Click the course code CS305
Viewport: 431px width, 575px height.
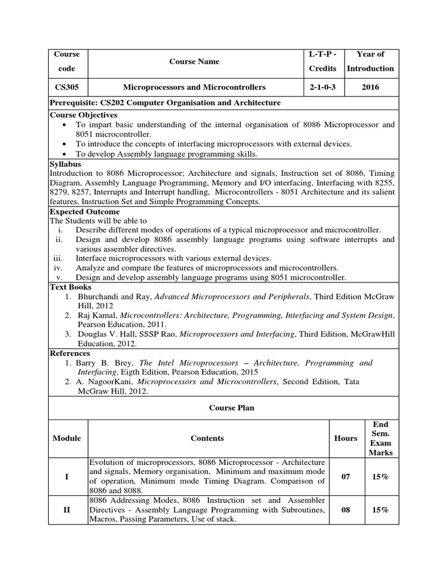pyautogui.click(x=67, y=87)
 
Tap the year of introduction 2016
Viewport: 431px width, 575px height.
pyautogui.click(x=370, y=87)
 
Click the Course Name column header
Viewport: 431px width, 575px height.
pyautogui.click(x=194, y=61)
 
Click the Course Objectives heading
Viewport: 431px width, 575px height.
pyautogui.click(x=84, y=115)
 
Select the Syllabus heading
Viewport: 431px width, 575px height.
pyautogui.click(x=66, y=164)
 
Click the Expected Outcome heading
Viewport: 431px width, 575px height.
pyautogui.click(x=85, y=212)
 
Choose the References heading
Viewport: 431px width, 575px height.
pyautogui.click(x=70, y=353)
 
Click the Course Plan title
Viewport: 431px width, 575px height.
pyautogui.click(x=223, y=408)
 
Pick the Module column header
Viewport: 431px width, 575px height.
pyautogui.click(x=67, y=438)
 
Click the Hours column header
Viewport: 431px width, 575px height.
pyautogui.click(x=346, y=438)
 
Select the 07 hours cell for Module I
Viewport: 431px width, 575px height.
pyautogui.click(x=346, y=476)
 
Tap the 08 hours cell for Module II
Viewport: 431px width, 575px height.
pyautogui.click(x=346, y=509)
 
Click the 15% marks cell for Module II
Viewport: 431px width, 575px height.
pyautogui.click(x=380, y=509)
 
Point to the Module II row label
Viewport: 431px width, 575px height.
pyautogui.click(x=67, y=509)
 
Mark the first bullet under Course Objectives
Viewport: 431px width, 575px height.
pyautogui.click(x=66, y=125)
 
